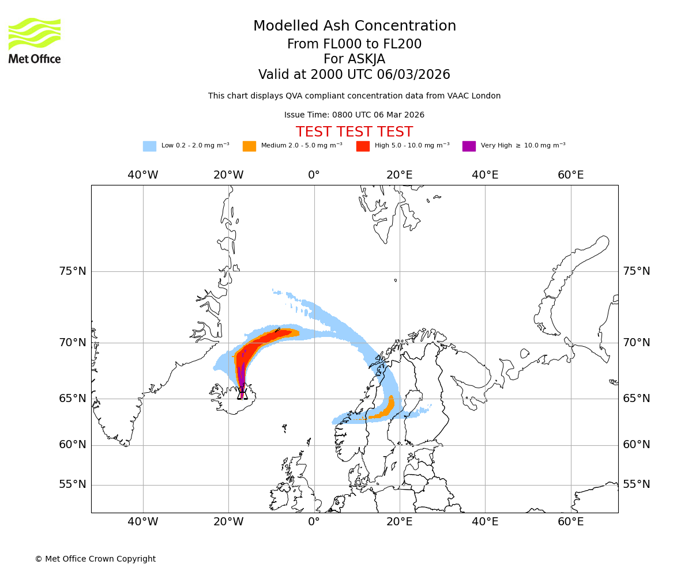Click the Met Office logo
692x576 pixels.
point(35,40)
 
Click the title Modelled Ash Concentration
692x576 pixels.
point(354,26)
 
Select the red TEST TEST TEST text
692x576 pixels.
point(354,132)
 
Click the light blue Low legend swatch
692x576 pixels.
point(149,146)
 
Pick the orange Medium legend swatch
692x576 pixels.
point(249,146)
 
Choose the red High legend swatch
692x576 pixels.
point(363,146)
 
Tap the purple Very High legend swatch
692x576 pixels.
point(469,146)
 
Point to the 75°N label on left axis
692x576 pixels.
point(73,271)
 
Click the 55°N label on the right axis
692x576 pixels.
point(637,484)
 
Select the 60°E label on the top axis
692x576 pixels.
point(570,175)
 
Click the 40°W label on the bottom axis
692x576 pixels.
point(142,522)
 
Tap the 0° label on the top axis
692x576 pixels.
point(314,175)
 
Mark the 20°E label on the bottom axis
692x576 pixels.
point(399,522)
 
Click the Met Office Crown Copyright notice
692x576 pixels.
point(95,559)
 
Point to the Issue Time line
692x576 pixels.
point(354,115)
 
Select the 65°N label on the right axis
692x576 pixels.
point(637,399)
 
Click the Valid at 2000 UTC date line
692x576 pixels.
point(354,75)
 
